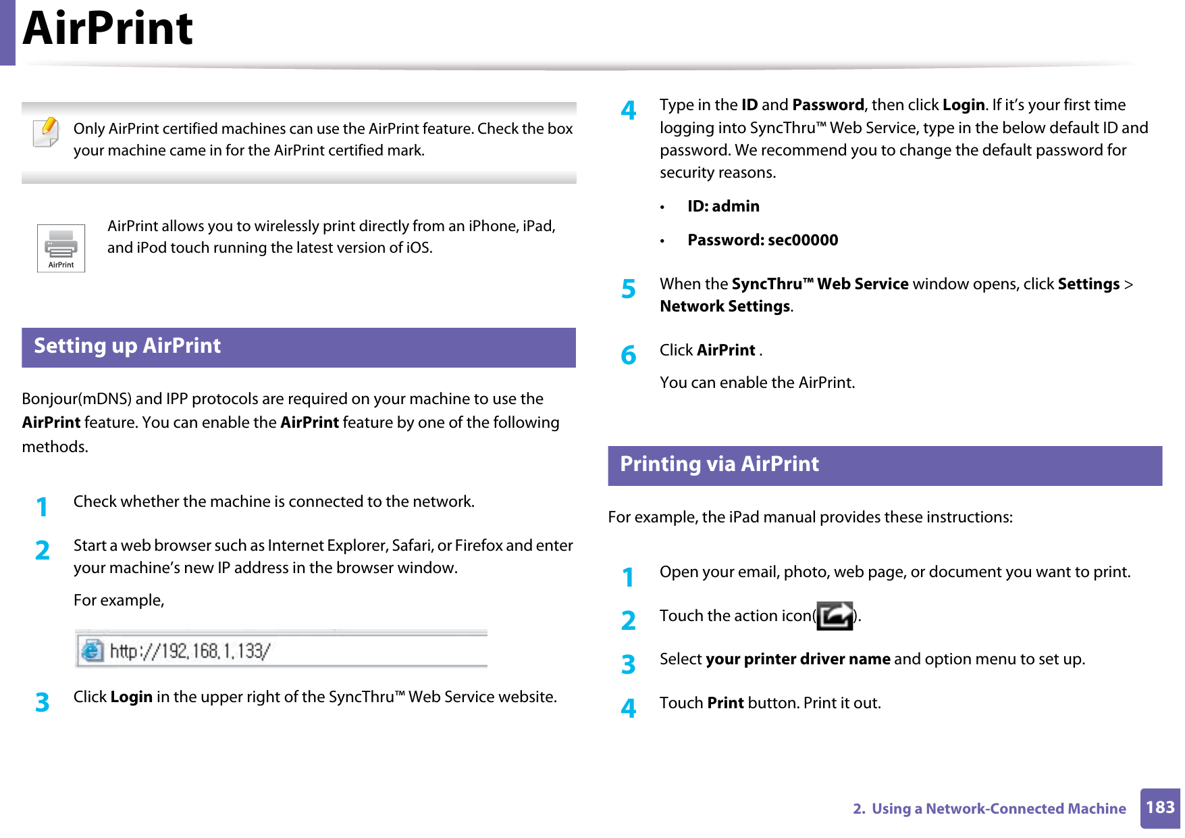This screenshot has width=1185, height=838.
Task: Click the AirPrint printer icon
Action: pos(61,248)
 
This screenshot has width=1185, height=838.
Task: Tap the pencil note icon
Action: pos(46,132)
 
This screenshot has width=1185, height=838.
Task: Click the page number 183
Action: pos(1159,808)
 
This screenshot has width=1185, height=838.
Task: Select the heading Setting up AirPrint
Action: pos(127,346)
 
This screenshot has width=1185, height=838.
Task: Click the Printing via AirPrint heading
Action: pos(719,464)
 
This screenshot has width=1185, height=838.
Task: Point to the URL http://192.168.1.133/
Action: pos(190,651)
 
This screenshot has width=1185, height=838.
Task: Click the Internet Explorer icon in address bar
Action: pos(92,650)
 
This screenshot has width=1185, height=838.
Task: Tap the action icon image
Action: pos(835,616)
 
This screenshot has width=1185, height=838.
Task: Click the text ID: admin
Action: pos(723,206)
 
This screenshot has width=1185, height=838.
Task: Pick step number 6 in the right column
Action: pos(628,355)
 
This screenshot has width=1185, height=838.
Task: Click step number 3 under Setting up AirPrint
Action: pos(42,702)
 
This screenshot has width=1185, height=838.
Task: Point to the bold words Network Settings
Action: pos(725,306)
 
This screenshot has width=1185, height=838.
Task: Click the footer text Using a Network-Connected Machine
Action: pos(998,808)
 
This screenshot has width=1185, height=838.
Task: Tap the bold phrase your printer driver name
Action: pos(797,659)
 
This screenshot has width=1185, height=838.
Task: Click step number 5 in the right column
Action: pos(628,289)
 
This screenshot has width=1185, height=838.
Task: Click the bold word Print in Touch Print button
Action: pos(725,703)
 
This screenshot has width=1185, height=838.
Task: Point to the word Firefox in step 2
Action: pos(478,545)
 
